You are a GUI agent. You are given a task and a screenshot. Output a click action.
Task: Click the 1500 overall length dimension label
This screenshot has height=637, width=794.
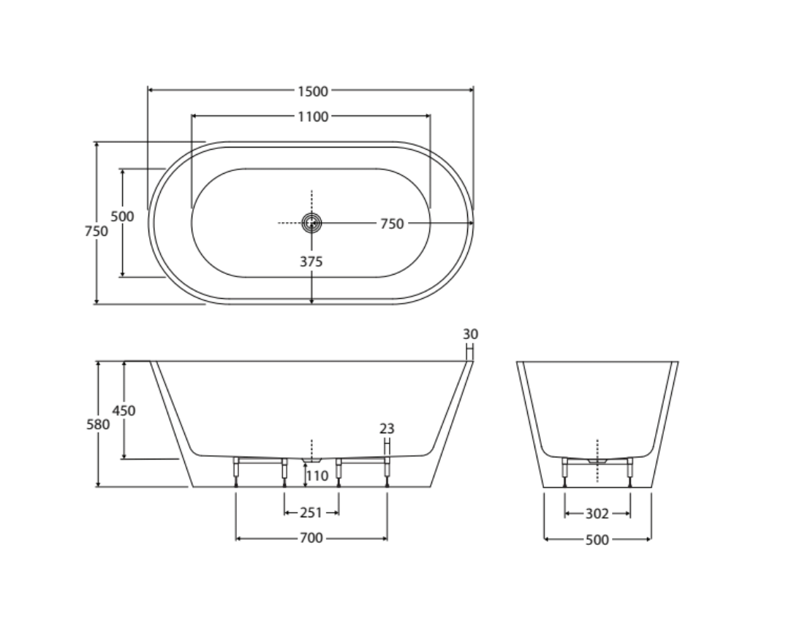(313, 91)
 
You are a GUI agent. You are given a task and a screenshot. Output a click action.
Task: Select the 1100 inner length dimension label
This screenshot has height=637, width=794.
(313, 117)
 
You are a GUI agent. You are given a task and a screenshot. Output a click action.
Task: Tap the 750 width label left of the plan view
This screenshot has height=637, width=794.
(97, 232)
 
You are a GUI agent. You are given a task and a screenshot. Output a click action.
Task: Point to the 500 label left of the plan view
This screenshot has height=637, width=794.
(123, 216)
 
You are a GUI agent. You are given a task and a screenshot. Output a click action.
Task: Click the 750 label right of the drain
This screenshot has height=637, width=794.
(392, 224)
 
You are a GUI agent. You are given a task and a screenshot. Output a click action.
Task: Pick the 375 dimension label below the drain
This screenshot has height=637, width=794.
(311, 262)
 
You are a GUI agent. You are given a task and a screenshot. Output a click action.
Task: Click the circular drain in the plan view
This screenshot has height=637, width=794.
(311, 223)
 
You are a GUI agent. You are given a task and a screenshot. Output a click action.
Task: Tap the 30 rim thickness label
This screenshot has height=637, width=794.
(470, 335)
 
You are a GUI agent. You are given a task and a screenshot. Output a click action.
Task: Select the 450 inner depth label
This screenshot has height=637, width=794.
(124, 411)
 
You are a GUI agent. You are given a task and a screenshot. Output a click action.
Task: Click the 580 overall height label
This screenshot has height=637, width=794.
(98, 424)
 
